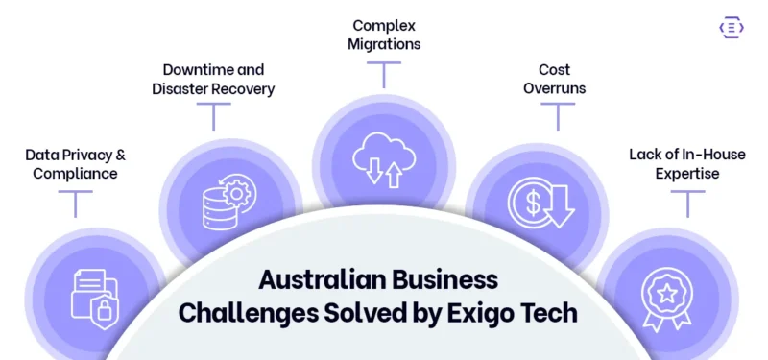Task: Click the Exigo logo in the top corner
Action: (732, 28)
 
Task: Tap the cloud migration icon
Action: (384, 159)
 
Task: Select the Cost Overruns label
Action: (554, 80)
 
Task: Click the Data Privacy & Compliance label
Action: (75, 163)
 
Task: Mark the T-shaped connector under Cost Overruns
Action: (556, 116)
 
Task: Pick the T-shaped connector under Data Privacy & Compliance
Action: (75, 203)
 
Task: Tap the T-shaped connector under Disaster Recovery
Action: (213, 116)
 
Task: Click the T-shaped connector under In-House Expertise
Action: (687, 203)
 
